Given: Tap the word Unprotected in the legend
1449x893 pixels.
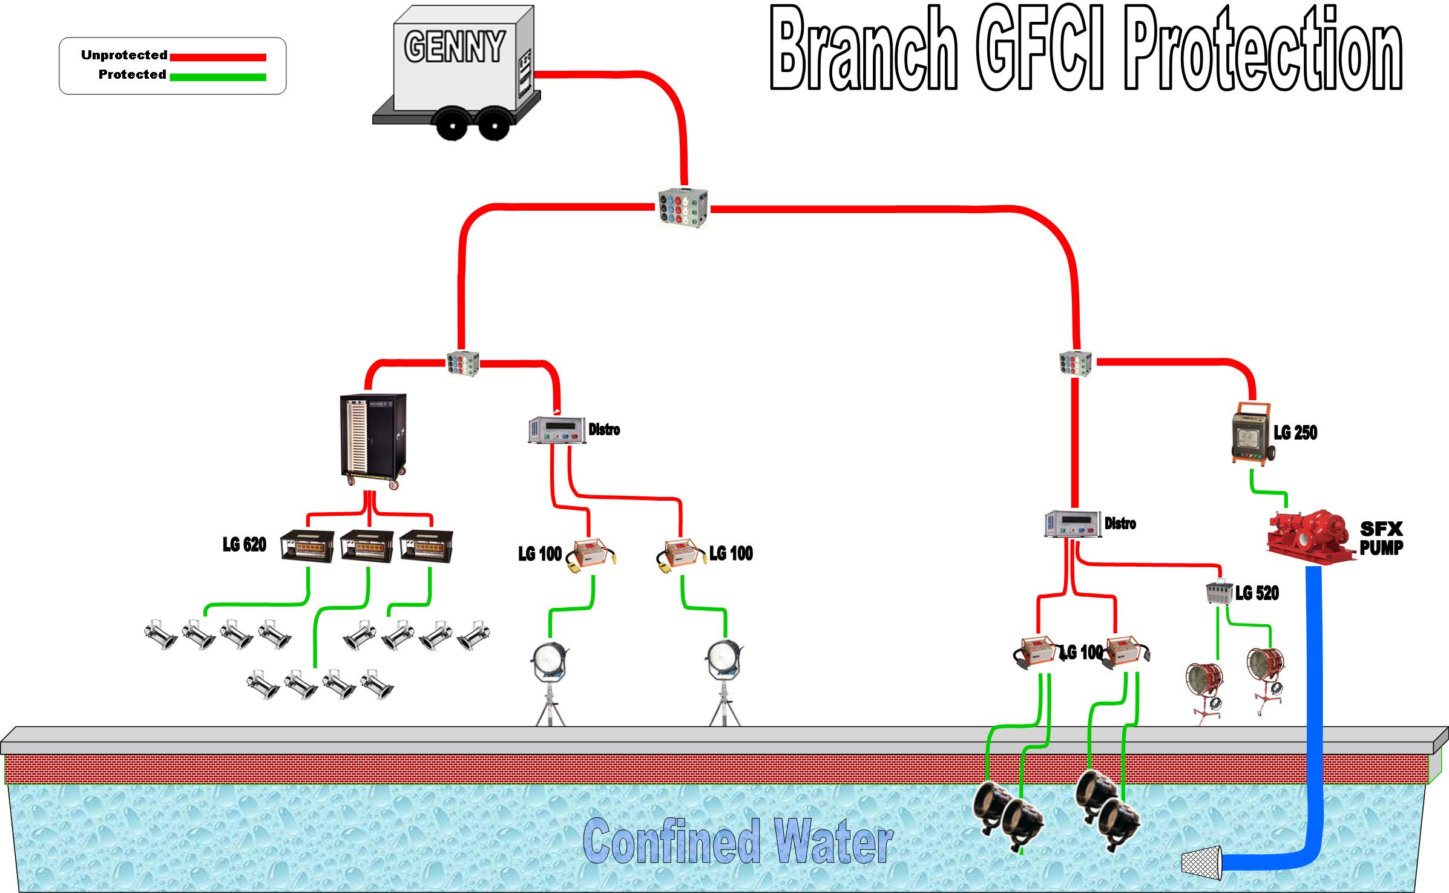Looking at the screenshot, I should (124, 55).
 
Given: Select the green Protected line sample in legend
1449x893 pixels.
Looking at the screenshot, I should (218, 77).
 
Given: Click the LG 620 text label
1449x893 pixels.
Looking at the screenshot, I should (245, 545).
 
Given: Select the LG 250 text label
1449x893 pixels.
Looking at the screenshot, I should (1295, 432).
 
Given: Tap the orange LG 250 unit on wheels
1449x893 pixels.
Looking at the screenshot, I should (1252, 435).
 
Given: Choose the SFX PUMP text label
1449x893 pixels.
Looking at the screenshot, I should (1381, 538).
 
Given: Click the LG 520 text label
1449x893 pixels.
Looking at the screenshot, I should (1257, 593).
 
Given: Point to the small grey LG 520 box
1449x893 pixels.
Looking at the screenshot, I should (1218, 591).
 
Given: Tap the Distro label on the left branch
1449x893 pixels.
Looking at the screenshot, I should (604, 430).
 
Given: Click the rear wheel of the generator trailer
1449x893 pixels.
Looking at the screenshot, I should (453, 125).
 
